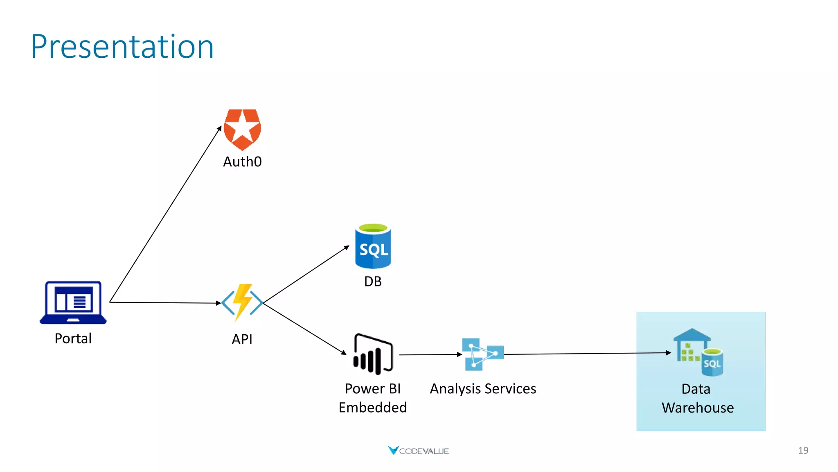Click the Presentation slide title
[x=122, y=47]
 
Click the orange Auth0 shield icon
[x=242, y=129]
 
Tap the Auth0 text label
[x=242, y=162]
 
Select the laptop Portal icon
[x=73, y=302]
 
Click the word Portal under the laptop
[x=73, y=338]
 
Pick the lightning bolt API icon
[x=242, y=302]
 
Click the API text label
[x=242, y=339]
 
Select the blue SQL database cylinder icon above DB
[x=373, y=246]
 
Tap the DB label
[x=373, y=281]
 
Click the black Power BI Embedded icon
[x=373, y=354]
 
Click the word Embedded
[x=373, y=408]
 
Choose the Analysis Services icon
[x=483, y=354]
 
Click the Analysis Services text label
[x=483, y=388]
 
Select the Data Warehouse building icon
[x=698, y=352]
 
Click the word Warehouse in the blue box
[x=698, y=408]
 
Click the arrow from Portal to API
[x=166, y=303]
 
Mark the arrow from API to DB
[x=306, y=274]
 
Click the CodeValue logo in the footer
[x=418, y=451]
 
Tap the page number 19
[x=803, y=450]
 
